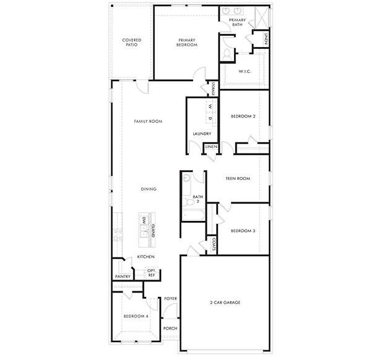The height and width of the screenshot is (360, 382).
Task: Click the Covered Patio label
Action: (131, 43)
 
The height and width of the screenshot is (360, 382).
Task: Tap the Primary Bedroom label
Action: (186, 42)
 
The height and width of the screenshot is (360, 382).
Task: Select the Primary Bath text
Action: (237, 23)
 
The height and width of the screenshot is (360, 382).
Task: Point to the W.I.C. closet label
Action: (244, 71)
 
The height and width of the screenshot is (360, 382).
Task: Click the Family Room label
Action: (148, 121)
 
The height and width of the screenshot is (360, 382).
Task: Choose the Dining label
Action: (148, 189)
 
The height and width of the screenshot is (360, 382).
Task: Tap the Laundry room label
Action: (202, 134)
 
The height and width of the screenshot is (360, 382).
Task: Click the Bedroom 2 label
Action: (243, 116)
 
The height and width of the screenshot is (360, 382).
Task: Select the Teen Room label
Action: (237, 179)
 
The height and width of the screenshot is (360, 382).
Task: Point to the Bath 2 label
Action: (197, 199)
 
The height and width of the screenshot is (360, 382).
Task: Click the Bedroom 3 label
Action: (243, 231)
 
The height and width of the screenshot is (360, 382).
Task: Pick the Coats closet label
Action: (213, 244)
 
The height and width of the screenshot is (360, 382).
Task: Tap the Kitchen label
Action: (145, 257)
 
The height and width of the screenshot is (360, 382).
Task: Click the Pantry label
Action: (122, 276)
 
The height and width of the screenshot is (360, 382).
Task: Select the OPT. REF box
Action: (150, 272)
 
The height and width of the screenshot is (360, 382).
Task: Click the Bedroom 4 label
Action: (135, 316)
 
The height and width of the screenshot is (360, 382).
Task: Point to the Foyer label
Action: (170, 299)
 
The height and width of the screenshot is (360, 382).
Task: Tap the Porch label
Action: (170, 328)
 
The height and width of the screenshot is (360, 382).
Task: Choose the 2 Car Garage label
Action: (224, 302)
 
